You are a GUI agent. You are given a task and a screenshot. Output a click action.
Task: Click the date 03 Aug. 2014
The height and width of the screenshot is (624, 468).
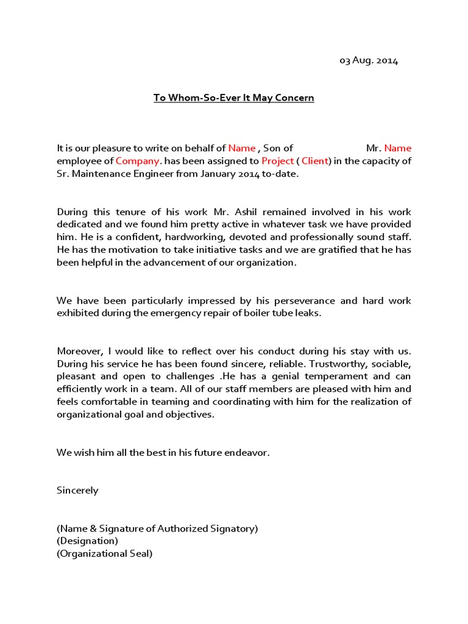point(368,61)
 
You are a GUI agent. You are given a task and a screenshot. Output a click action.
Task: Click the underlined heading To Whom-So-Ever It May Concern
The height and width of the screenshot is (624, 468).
point(233,97)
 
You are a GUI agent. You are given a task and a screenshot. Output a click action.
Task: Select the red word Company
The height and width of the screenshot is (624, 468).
point(138,161)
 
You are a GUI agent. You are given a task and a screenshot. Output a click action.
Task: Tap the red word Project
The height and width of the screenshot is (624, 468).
point(277,161)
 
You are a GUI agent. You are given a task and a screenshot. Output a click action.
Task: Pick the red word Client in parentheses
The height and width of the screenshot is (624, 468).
point(315,161)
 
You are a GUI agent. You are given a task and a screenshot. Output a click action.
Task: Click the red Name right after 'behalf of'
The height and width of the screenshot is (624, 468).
point(242,148)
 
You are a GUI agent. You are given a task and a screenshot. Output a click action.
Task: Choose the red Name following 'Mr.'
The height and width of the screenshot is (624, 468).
point(397,148)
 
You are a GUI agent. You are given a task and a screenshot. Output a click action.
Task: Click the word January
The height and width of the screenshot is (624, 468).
point(186,174)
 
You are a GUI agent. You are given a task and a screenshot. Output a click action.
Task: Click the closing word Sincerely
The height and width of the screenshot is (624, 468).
point(77,490)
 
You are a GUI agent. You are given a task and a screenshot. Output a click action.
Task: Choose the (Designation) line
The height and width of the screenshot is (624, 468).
point(87,541)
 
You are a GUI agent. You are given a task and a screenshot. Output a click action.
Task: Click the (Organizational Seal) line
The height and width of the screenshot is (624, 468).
point(104,553)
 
